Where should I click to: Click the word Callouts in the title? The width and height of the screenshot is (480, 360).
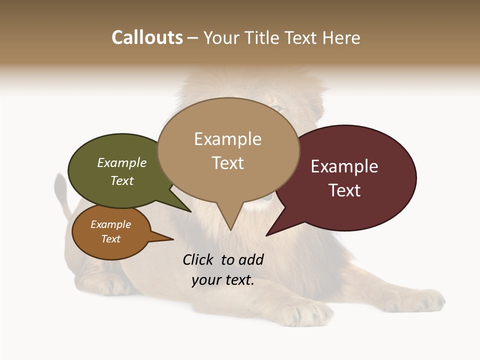click(x=147, y=37)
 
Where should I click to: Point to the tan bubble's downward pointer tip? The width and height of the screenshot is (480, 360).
click(x=230, y=229)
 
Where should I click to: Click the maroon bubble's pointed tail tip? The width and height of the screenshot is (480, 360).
click(x=266, y=235)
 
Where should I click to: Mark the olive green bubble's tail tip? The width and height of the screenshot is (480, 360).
click(x=190, y=211)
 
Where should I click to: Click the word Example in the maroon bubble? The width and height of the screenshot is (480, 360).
click(x=344, y=166)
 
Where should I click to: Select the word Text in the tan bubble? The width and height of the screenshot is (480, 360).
click(x=228, y=163)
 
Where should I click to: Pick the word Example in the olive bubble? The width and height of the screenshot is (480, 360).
click(x=121, y=162)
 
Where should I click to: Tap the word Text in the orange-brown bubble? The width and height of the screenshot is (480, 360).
click(x=110, y=239)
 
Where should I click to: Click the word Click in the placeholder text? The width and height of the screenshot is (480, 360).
click(x=197, y=259)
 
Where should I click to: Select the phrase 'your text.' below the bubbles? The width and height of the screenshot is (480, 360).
click(x=223, y=280)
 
